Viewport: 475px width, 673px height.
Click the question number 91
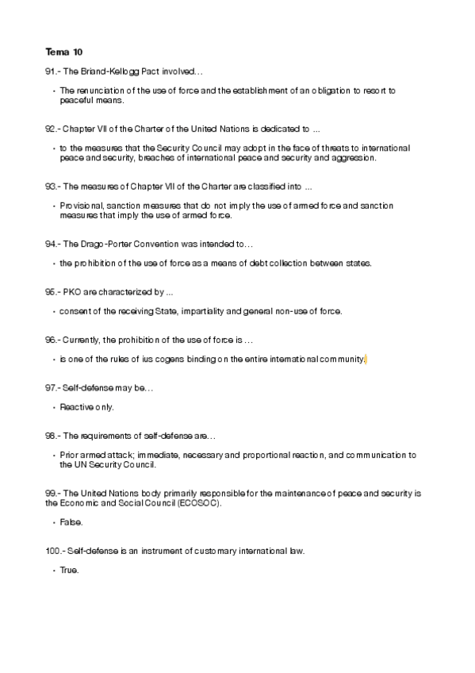(x=51, y=71)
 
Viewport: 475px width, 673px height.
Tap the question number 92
(x=51, y=128)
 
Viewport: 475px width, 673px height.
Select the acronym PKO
(x=71, y=292)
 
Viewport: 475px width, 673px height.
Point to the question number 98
(x=51, y=436)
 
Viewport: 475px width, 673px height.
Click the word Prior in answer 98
(x=68, y=455)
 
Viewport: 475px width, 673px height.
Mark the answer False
(x=71, y=522)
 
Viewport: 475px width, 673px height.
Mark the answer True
(x=70, y=571)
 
